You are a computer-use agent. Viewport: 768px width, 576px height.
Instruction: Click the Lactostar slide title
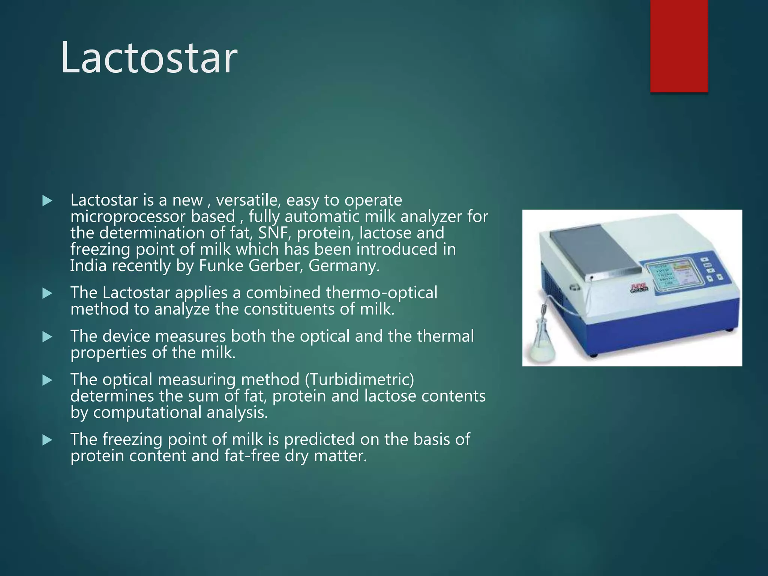[x=149, y=58]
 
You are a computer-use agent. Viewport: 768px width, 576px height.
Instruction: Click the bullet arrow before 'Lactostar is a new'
[x=47, y=201]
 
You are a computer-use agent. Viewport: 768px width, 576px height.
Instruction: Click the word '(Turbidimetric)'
[x=359, y=379]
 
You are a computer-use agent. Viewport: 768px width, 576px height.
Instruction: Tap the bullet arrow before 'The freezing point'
[x=47, y=440]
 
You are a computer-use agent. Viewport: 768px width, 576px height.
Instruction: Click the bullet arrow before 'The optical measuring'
[x=47, y=381]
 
